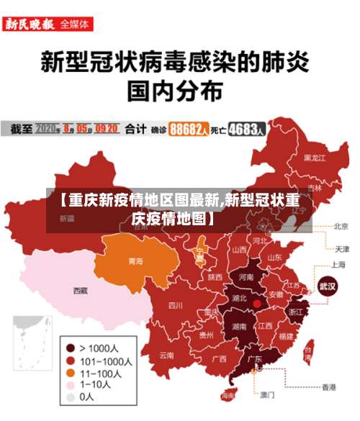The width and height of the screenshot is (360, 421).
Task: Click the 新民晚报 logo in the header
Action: (x=29, y=24)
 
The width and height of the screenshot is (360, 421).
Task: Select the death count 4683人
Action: (x=246, y=130)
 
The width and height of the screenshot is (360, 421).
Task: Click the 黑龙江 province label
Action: (x=314, y=157)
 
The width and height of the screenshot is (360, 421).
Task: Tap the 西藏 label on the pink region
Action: (x=80, y=291)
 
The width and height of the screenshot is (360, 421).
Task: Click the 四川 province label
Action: (x=175, y=305)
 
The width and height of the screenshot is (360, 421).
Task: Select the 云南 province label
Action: (x=166, y=355)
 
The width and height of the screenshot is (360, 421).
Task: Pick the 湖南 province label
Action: (x=239, y=326)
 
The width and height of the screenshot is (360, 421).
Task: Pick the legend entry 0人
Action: (x=87, y=397)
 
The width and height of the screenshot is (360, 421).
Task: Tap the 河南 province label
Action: (x=245, y=276)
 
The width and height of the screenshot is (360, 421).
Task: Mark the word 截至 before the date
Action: (x=21, y=130)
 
